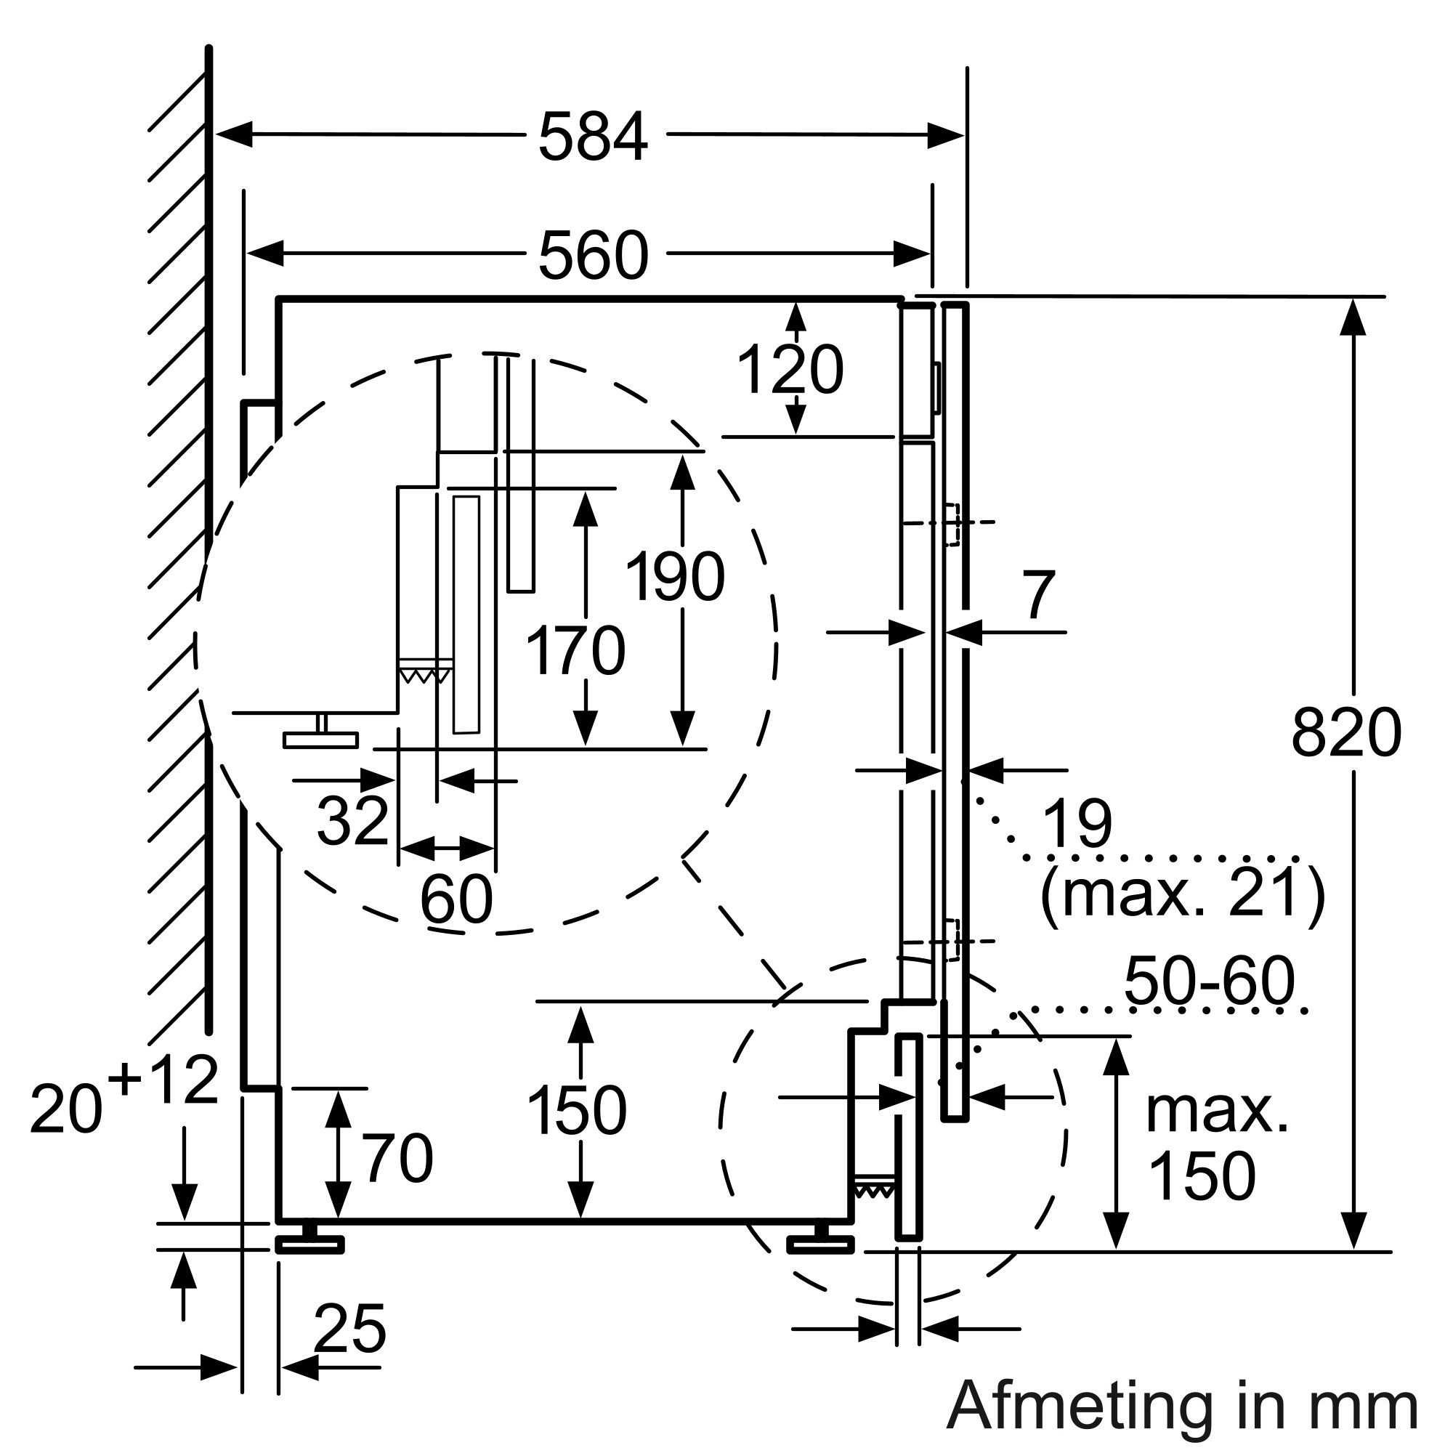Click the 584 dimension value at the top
[593, 137]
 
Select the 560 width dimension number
[593, 255]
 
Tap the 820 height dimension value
[1347, 732]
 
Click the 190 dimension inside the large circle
[676, 577]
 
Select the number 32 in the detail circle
[352, 819]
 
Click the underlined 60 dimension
[456, 899]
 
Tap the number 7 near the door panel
[1040, 596]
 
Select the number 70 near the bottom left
[398, 1159]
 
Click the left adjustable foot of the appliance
[309, 1243]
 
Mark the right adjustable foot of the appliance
[820, 1243]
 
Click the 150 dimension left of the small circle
[577, 1110]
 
